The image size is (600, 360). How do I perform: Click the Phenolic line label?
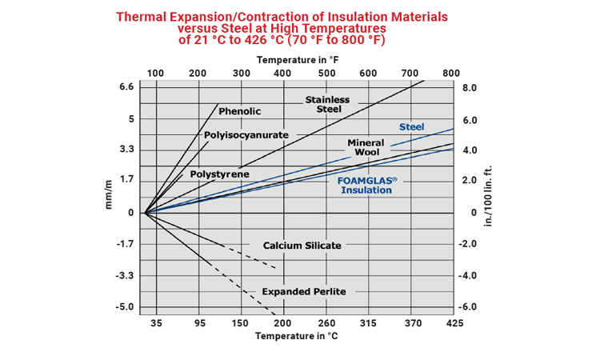pyautogui.click(x=240, y=111)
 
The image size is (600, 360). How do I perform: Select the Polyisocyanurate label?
pyautogui.click(x=246, y=135)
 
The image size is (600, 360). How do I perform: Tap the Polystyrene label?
pyautogui.click(x=219, y=174)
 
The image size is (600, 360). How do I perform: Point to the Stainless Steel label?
pyautogui.click(x=327, y=104)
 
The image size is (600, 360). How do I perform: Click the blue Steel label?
pyautogui.click(x=412, y=127)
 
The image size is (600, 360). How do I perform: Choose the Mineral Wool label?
pyautogui.click(x=366, y=147)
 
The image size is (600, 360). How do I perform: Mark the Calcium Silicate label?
pyautogui.click(x=302, y=245)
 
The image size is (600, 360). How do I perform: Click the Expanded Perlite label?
pyautogui.click(x=304, y=291)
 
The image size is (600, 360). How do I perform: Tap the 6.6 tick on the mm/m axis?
pyautogui.click(x=126, y=86)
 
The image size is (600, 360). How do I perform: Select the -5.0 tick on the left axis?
pyautogui.click(x=125, y=307)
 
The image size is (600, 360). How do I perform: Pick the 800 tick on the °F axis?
pyautogui.click(x=451, y=74)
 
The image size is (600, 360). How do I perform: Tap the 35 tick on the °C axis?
pyautogui.click(x=156, y=323)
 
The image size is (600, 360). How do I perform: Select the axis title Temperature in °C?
pyautogui.click(x=297, y=336)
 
